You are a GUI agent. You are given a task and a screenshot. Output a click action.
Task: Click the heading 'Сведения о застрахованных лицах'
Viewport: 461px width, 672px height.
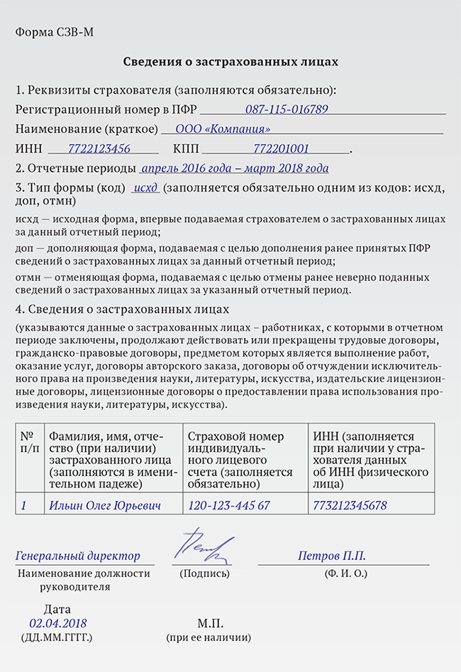coord(230,62)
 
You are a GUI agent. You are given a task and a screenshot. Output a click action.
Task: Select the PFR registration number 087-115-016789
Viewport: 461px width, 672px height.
coord(287,110)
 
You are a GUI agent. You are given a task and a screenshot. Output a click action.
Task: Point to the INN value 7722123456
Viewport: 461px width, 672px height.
coord(99,149)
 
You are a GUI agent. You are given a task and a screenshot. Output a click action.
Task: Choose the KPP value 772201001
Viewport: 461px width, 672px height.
coord(281,149)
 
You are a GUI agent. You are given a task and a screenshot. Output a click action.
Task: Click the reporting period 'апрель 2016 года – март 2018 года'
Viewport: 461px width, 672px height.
coord(235,169)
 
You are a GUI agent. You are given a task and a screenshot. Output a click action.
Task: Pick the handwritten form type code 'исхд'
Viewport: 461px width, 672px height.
coord(146,188)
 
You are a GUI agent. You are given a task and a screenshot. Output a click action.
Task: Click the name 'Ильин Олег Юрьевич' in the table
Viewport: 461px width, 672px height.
coord(105,506)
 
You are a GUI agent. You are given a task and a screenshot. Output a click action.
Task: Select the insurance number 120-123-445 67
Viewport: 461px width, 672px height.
coord(229,506)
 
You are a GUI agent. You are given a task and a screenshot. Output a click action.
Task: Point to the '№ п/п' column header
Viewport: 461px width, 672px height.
coord(28,443)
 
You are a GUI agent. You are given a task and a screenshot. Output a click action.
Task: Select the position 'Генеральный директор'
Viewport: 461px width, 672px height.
coord(78,556)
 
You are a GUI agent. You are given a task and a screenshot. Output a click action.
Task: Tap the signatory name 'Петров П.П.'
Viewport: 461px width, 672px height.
coord(332,556)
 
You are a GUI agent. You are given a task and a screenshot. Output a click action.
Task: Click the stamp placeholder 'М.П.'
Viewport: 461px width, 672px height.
coord(210,624)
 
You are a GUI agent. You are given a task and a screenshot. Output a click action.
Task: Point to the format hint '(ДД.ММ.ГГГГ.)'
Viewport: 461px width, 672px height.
coord(57,638)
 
